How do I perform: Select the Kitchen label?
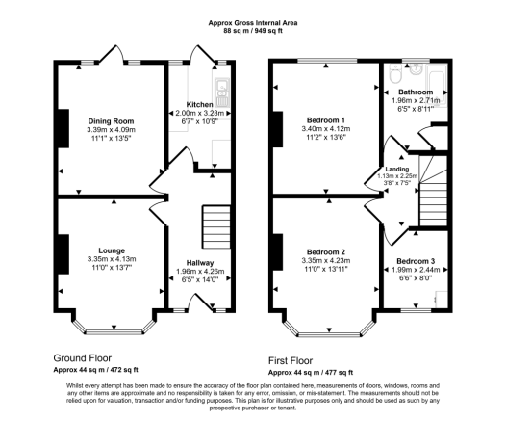point(199,103)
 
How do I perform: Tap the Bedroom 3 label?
point(416,261)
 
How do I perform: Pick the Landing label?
point(396,169)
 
